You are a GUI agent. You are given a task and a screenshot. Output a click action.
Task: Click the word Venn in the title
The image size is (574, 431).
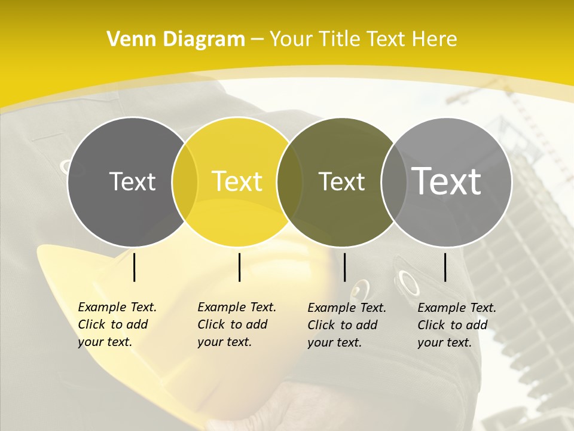pyautogui.click(x=129, y=39)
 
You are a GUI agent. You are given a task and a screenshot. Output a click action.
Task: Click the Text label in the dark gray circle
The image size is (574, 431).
pyautogui.click(x=132, y=181)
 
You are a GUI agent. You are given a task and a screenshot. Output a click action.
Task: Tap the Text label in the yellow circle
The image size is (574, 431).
pyautogui.click(x=237, y=181)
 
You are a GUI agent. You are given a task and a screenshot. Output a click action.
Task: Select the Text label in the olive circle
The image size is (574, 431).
pyautogui.click(x=341, y=181)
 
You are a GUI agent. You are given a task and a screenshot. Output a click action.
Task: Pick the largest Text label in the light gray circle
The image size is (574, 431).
pyautogui.click(x=447, y=181)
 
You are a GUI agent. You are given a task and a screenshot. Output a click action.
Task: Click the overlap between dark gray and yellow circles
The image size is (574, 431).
pyautogui.click(x=185, y=182)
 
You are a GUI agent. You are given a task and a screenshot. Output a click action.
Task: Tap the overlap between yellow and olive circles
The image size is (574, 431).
pyautogui.click(x=290, y=182)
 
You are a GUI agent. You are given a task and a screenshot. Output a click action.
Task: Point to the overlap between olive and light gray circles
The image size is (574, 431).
pyautogui.click(x=394, y=182)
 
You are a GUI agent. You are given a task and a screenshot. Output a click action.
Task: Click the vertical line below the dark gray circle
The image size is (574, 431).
pyautogui.click(x=135, y=267)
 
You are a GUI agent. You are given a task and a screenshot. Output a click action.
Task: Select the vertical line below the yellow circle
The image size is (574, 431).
pyautogui.click(x=239, y=267)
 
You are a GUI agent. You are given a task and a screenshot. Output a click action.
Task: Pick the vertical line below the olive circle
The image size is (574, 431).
pyautogui.click(x=344, y=267)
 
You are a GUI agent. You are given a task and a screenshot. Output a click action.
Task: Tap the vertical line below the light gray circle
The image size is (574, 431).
pyautogui.click(x=445, y=267)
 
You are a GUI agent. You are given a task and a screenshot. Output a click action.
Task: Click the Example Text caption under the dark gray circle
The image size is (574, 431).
pyautogui.click(x=117, y=324)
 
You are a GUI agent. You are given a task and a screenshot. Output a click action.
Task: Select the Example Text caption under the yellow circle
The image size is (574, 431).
pyautogui.click(x=236, y=324)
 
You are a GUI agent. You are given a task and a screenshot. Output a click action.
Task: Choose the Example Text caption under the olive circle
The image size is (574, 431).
pyautogui.click(x=346, y=325)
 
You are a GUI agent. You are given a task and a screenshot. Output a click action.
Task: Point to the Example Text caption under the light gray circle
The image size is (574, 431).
pyautogui.click(x=456, y=325)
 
